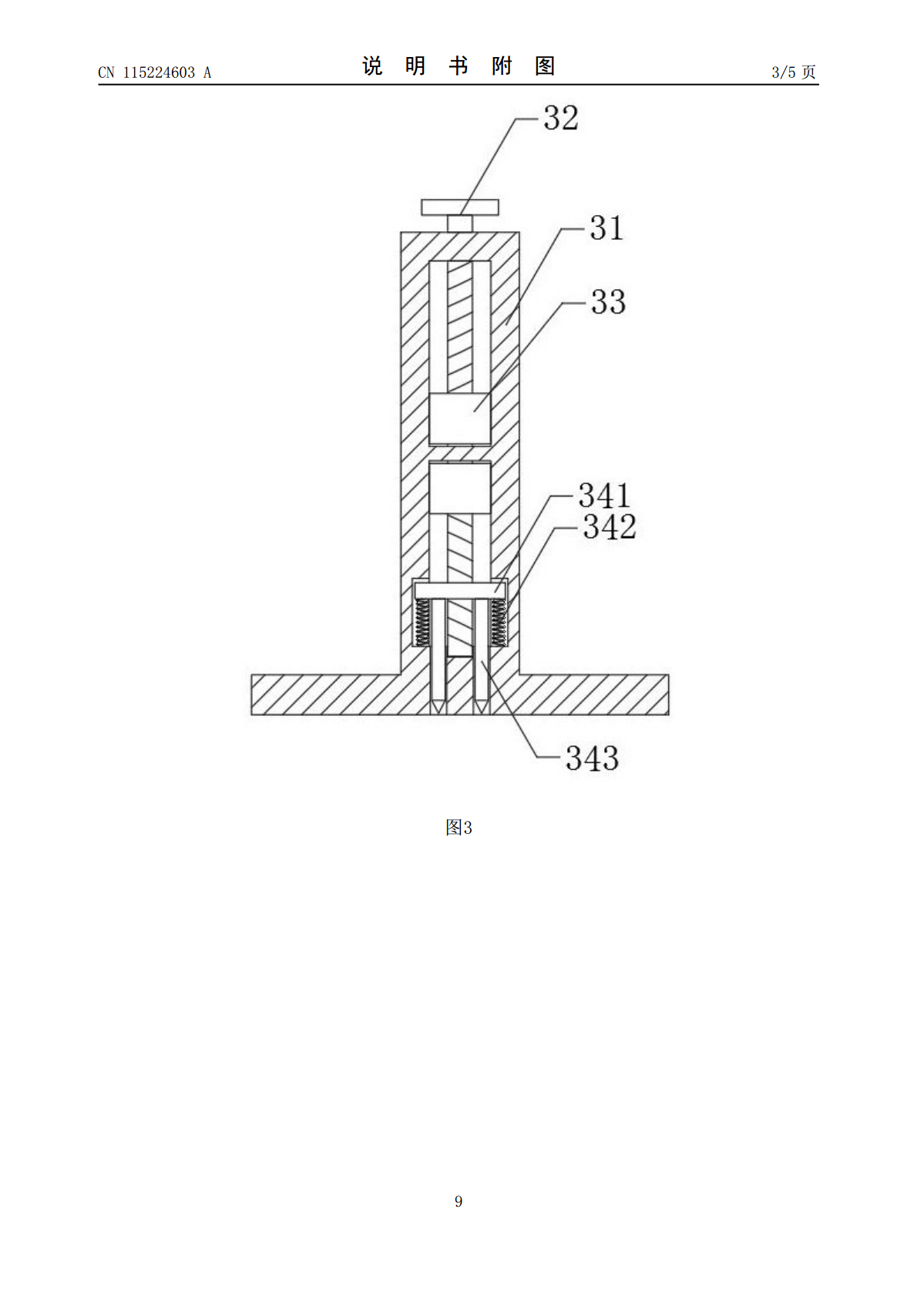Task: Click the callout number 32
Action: (x=561, y=118)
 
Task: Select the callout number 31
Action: (x=606, y=227)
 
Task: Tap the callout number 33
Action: (x=608, y=302)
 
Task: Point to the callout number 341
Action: (x=604, y=496)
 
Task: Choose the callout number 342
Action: (x=610, y=526)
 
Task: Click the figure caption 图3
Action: (x=458, y=828)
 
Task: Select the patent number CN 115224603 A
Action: (x=155, y=72)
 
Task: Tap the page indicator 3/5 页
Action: (x=794, y=72)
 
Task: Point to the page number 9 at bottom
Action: (x=458, y=1201)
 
